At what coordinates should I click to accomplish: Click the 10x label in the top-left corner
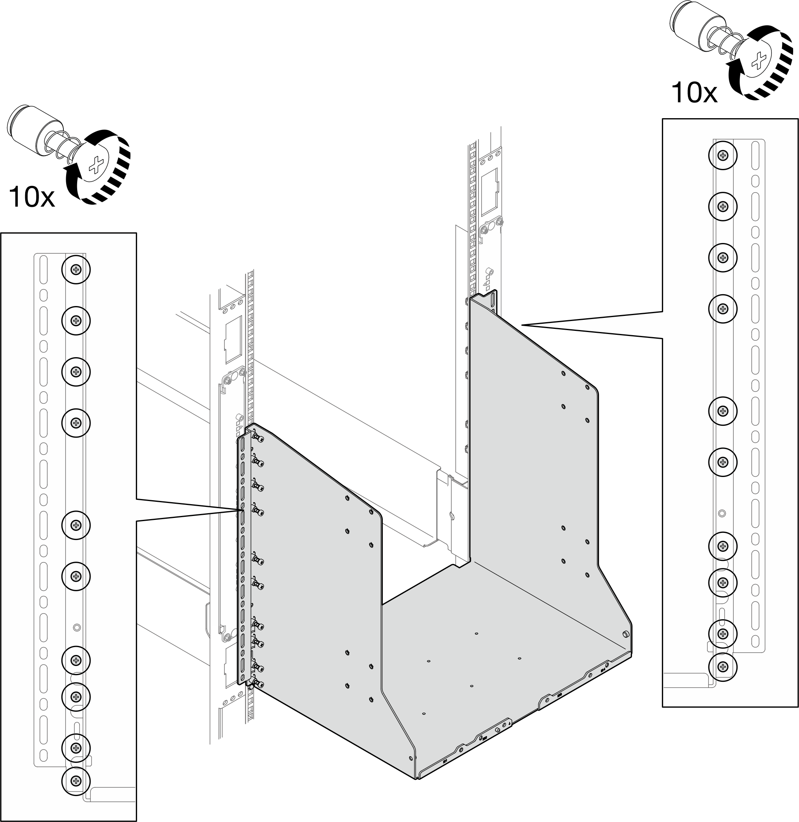[32, 197]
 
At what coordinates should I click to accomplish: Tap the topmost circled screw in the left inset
[76, 269]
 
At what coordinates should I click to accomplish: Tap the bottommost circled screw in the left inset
[76, 780]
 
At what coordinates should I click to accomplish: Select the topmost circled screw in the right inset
[723, 156]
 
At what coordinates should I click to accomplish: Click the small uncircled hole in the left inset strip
[76, 627]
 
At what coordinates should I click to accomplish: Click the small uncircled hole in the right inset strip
[722, 513]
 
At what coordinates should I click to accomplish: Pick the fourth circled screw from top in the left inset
[76, 422]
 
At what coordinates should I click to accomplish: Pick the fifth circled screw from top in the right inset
[723, 410]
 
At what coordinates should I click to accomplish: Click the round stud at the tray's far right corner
[626, 634]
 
